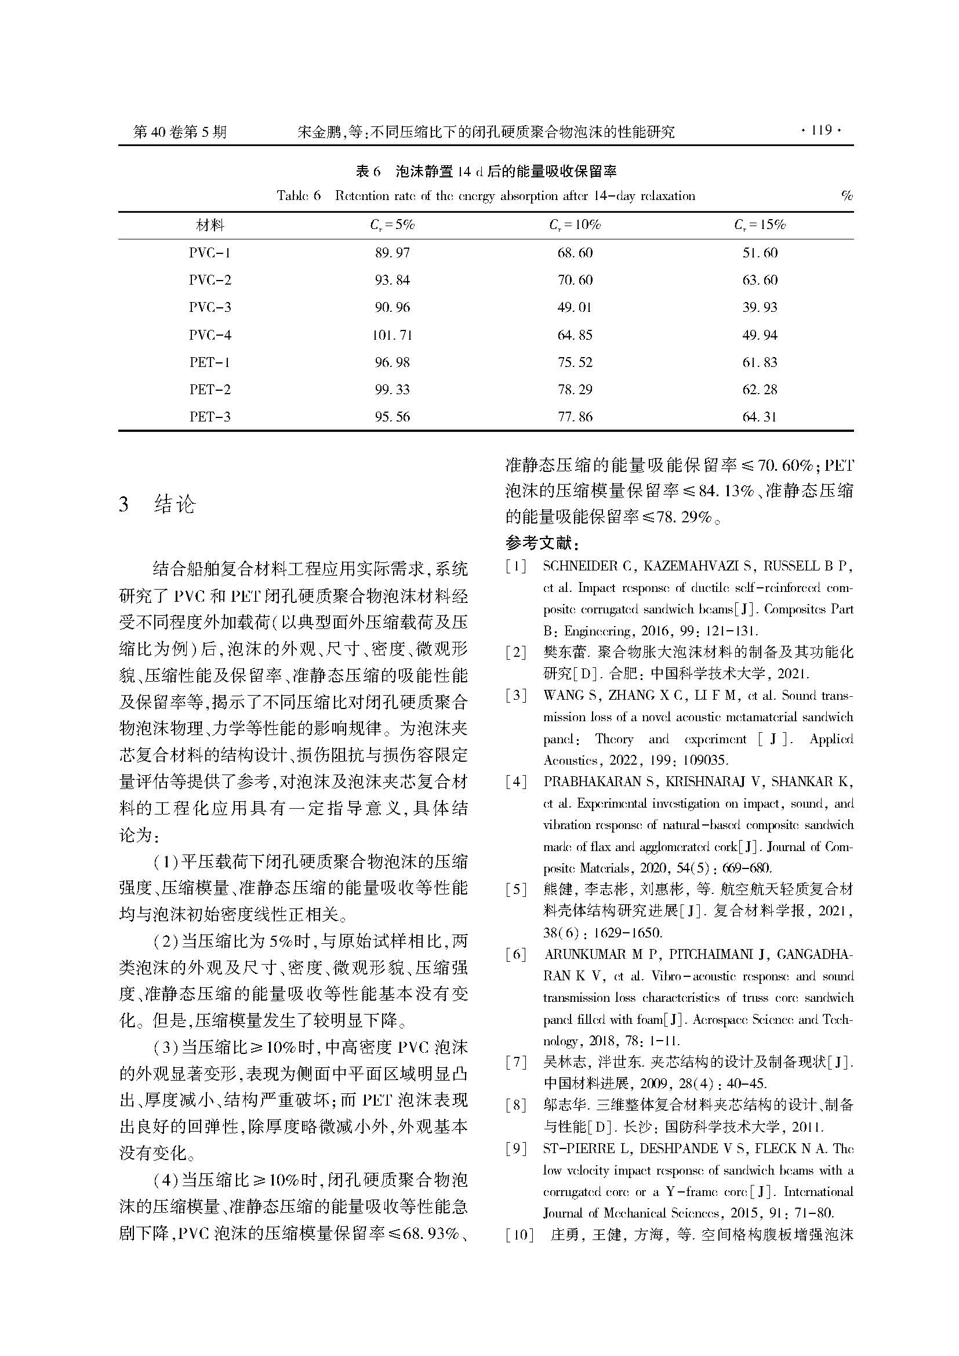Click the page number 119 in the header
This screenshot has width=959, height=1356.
click(820, 130)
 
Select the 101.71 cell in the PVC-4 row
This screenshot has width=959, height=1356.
click(392, 336)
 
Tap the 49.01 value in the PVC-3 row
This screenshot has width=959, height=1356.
click(575, 308)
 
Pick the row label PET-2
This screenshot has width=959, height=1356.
click(210, 390)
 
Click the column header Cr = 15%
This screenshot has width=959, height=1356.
click(760, 225)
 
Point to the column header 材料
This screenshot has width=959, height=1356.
click(210, 225)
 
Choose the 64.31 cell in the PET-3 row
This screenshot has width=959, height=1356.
click(760, 417)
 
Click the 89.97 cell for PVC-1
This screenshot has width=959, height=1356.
click(392, 253)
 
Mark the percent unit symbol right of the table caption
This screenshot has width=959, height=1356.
click(847, 196)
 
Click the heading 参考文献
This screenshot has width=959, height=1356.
click(543, 542)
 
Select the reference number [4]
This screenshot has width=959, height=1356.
click(516, 782)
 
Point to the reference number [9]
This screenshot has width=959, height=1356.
click(516, 1148)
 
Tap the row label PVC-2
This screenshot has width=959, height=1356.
click(210, 281)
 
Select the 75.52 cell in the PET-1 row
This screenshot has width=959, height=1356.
click(575, 362)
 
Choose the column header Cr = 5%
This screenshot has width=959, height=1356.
click(392, 225)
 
